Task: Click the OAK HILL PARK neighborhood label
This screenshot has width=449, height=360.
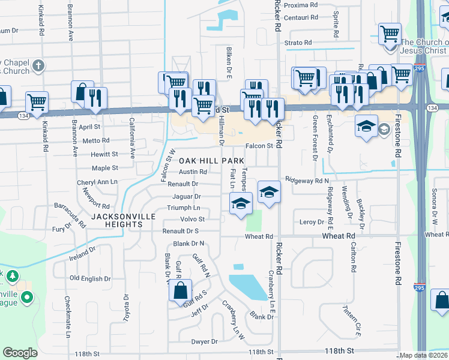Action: (x=211, y=161)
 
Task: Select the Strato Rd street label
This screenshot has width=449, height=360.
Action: (x=298, y=43)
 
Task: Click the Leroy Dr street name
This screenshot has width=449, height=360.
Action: (x=312, y=222)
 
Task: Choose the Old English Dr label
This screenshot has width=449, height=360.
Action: (x=90, y=278)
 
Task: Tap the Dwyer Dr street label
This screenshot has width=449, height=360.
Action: (x=204, y=342)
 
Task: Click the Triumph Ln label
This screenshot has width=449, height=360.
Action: (x=184, y=208)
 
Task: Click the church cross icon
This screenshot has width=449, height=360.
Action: (x=37, y=65)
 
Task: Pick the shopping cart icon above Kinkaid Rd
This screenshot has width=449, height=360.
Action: (x=37, y=103)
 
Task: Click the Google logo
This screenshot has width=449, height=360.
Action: (x=20, y=353)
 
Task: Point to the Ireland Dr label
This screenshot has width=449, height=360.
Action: (x=82, y=254)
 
